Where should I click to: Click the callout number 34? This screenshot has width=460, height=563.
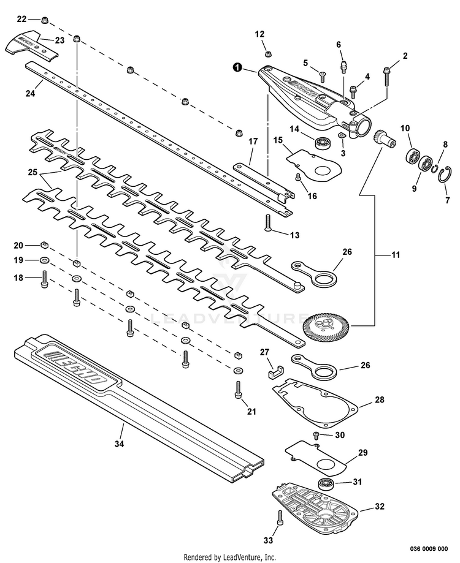click(120, 444)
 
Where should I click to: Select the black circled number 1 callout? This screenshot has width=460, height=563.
click(236, 68)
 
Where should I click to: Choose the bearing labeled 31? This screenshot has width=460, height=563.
click(325, 483)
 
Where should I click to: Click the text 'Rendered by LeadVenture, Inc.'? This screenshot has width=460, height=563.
click(230, 557)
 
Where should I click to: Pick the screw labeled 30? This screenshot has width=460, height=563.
click(316, 435)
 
